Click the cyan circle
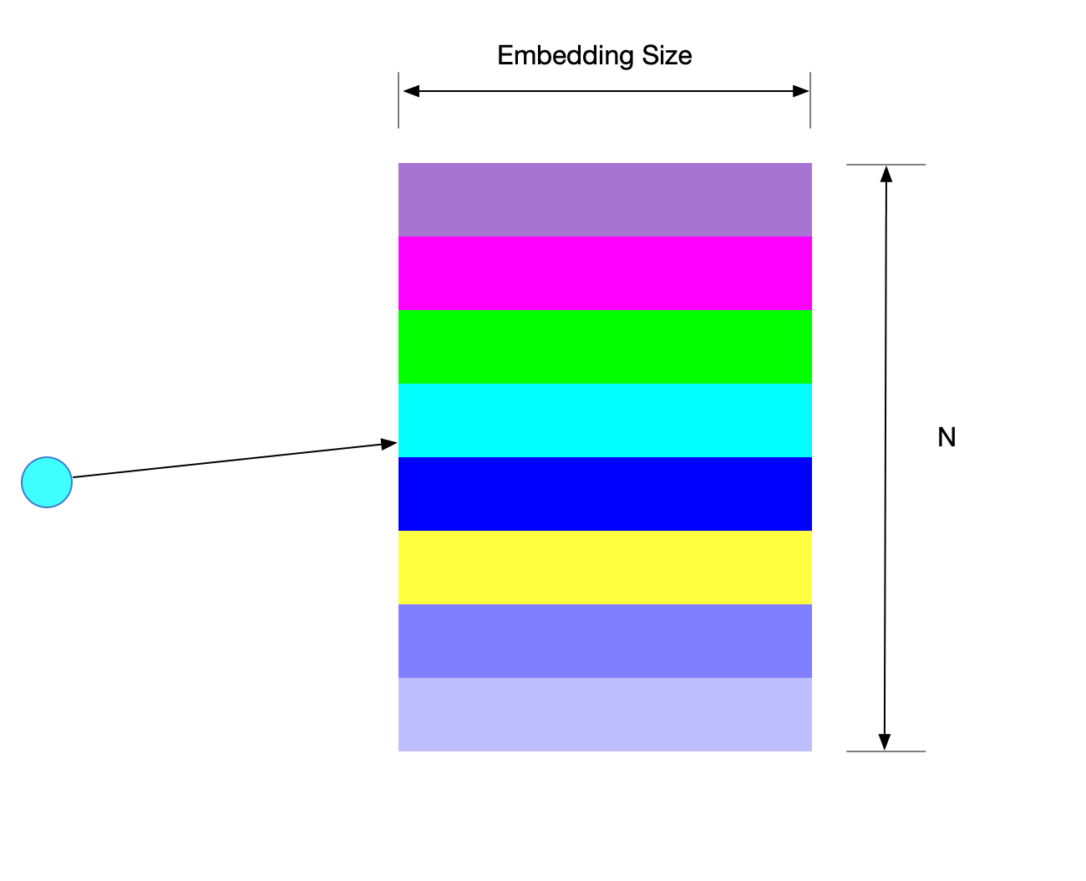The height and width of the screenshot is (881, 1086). tap(47, 482)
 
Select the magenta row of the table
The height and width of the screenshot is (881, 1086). tap(605, 273)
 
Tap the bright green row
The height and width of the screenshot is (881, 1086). tap(605, 347)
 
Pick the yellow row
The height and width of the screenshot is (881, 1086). tap(605, 568)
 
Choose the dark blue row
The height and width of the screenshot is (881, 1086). tap(605, 494)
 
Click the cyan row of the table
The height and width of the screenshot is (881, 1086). tap(605, 420)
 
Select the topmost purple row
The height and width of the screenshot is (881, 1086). tap(605, 200)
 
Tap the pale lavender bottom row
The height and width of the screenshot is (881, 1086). tap(605, 715)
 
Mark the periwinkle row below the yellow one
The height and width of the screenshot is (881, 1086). tap(605, 641)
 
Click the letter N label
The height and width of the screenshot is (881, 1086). tap(946, 437)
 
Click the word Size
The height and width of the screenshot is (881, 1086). tap(667, 56)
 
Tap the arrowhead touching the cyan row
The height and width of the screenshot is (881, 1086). tap(388, 444)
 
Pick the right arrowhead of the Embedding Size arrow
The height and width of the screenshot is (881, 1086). tap(800, 91)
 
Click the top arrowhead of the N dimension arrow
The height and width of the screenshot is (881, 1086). tap(887, 174)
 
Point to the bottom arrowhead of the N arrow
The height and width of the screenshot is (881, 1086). tap(885, 742)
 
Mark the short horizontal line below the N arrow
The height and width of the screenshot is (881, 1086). tap(886, 751)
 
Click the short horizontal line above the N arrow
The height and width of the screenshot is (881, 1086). tap(886, 165)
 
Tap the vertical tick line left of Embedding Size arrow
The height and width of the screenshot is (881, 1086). tap(398, 100)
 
